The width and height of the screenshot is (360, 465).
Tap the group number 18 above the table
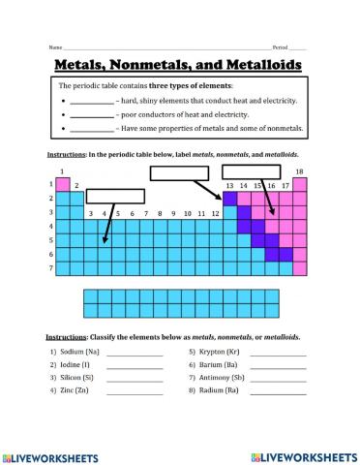pos(299,171)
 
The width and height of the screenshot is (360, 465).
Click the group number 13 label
pos(229,184)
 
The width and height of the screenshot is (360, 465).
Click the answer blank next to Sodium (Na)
pos(135,352)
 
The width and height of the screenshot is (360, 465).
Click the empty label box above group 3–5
pos(108,197)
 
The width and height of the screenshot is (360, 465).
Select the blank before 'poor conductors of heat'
pos(92,114)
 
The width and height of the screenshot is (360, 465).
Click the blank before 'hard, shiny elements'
pos(92,101)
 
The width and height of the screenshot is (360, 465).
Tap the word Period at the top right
pos(280,46)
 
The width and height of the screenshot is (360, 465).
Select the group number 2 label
pos(76,184)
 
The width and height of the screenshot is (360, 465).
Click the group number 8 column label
pos(145,212)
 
